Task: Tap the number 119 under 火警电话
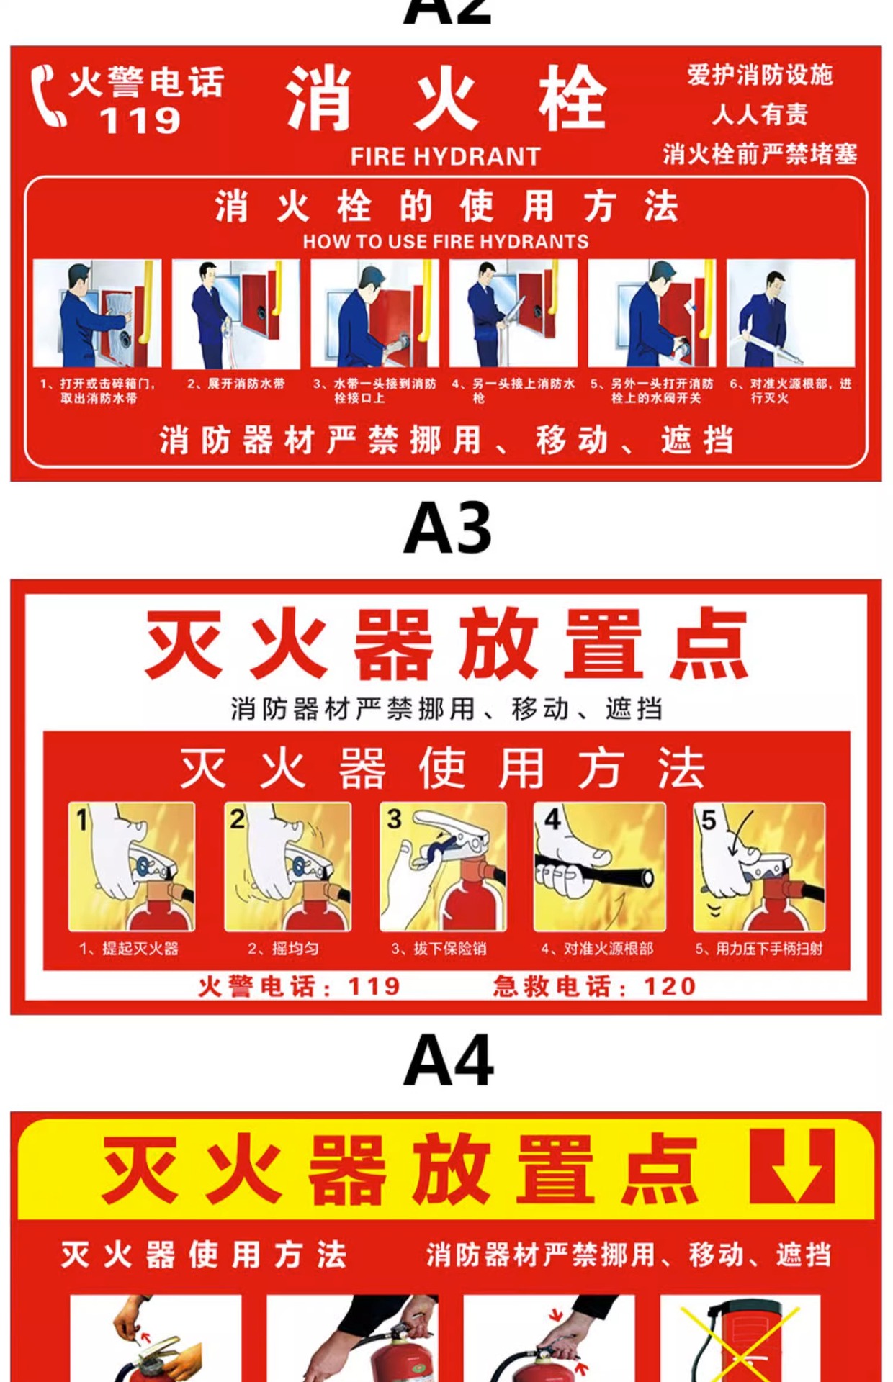coord(140,121)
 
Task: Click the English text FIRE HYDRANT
coord(445,156)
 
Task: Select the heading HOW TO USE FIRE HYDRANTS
coord(446,241)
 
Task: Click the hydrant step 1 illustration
coord(97,314)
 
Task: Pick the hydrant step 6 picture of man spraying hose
coord(791,314)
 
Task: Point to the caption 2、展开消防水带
coord(236,384)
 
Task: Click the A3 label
coord(447,529)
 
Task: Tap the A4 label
coord(448,1060)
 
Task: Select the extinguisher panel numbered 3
coord(444,867)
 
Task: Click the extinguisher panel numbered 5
coord(759,867)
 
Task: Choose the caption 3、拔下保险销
coord(439,949)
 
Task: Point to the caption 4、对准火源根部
coord(598,949)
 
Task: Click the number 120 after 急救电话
coord(670,986)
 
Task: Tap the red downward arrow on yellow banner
coord(792,1165)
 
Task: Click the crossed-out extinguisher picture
coord(740,1337)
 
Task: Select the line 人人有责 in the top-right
coord(760,114)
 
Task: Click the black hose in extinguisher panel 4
coord(595,869)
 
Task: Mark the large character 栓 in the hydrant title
coord(573,98)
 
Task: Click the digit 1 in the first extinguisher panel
coord(82,819)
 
